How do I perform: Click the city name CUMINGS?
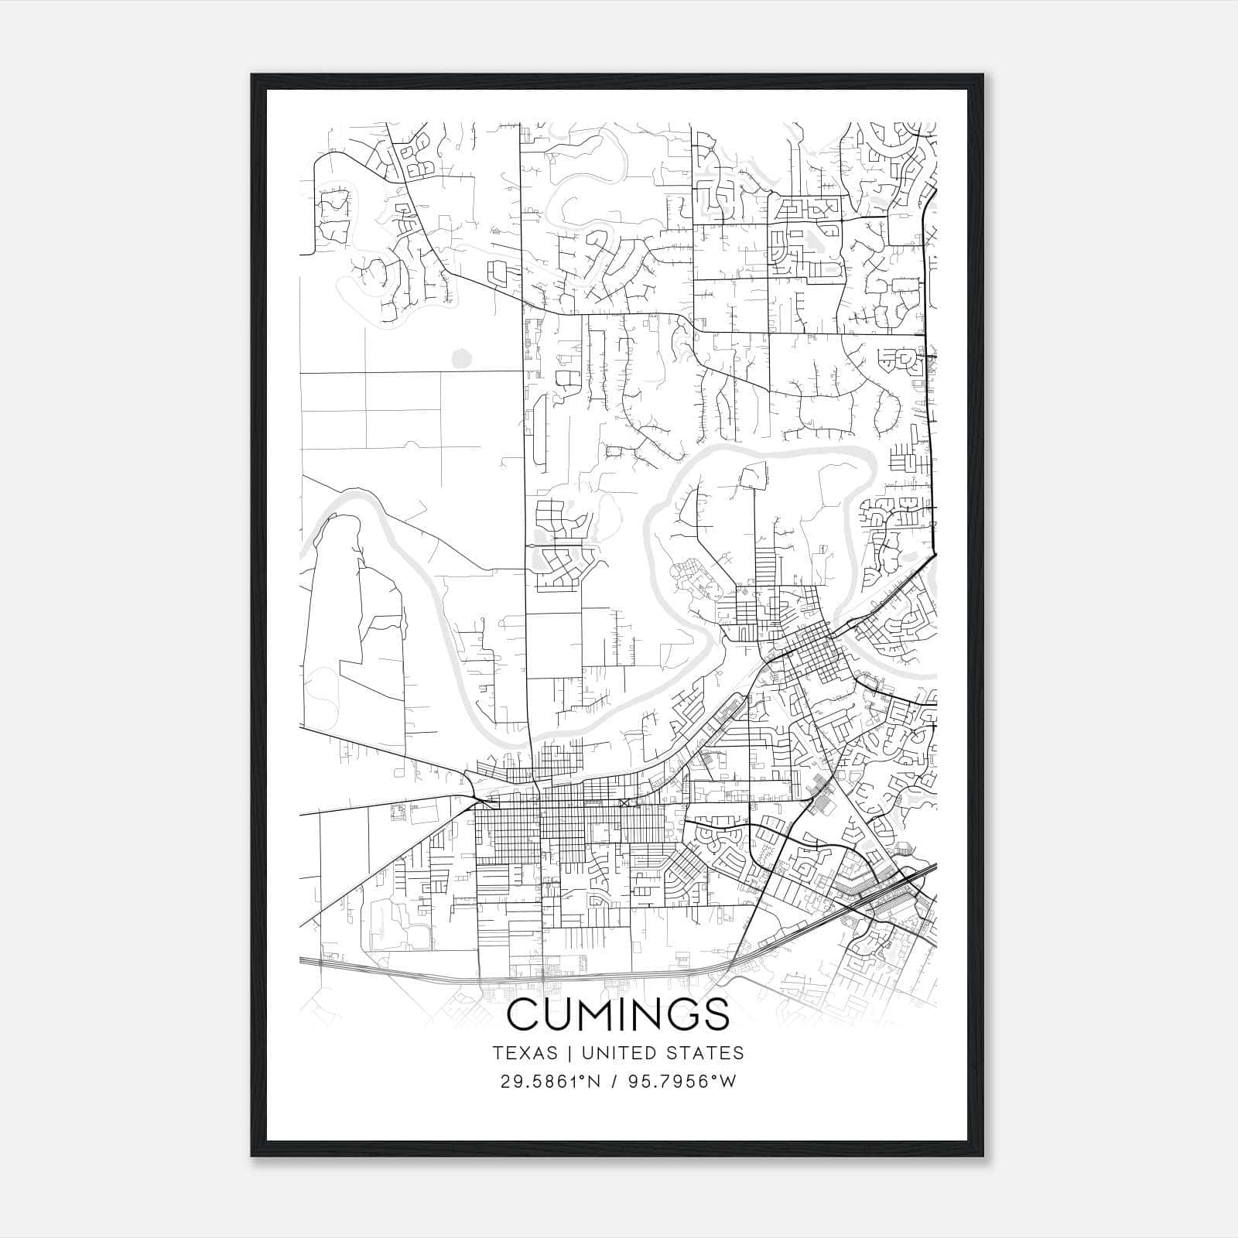click(x=618, y=1014)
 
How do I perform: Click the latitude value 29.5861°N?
click(x=551, y=1082)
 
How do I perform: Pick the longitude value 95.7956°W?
click(x=684, y=1082)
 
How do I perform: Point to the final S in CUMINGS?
click(x=716, y=1014)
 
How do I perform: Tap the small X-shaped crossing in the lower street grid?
click(x=624, y=803)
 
